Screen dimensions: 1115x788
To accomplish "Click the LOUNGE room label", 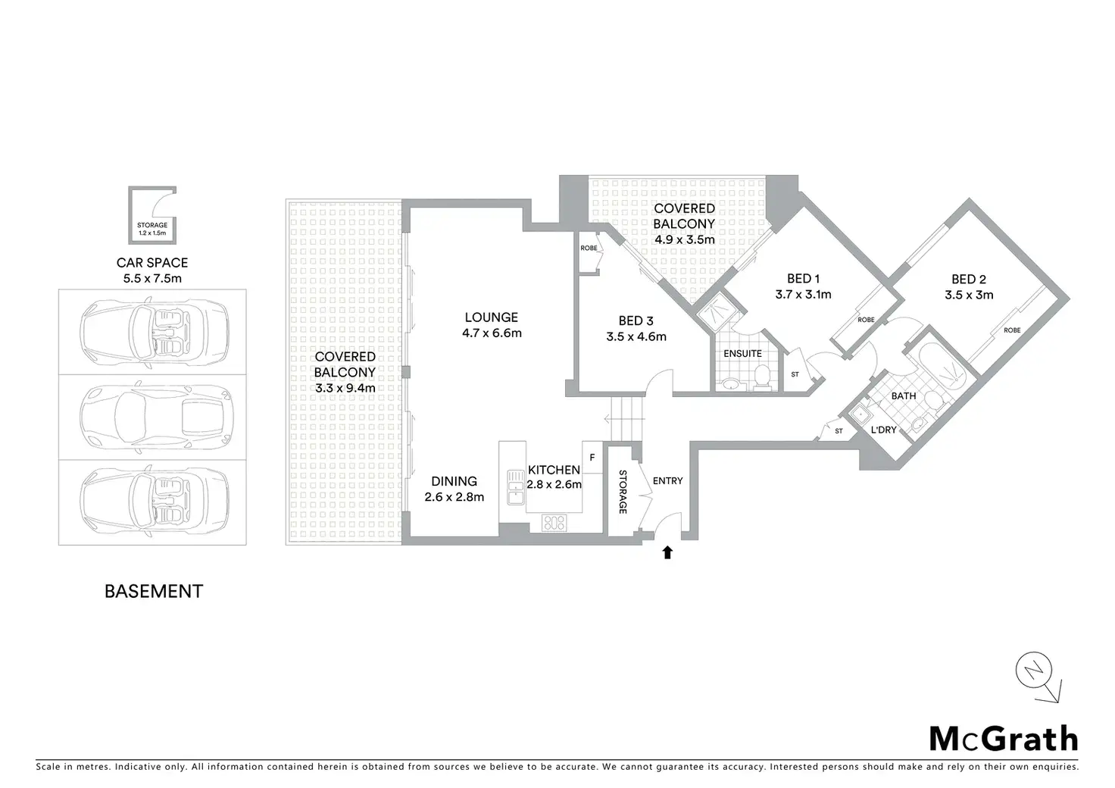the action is point(492,317).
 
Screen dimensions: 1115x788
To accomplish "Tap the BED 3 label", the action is point(636,321).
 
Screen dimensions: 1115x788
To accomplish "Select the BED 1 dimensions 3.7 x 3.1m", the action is point(803,295).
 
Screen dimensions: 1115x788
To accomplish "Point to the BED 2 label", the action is point(969,280).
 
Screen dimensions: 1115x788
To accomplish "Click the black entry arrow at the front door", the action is point(667,553).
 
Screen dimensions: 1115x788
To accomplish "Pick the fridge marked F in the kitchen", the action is point(592,457).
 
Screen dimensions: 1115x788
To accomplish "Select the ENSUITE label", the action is point(742,354).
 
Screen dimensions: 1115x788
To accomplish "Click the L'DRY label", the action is point(883,430).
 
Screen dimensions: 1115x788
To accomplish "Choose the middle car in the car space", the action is point(154,417).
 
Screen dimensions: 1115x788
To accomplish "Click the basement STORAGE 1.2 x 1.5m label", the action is point(152,229).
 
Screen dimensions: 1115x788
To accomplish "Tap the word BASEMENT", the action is point(154,591).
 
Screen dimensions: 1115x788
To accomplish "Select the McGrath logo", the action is point(1003,737).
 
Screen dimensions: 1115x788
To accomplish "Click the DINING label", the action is point(454,481).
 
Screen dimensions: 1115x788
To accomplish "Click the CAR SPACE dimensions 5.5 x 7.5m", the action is point(152,278).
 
